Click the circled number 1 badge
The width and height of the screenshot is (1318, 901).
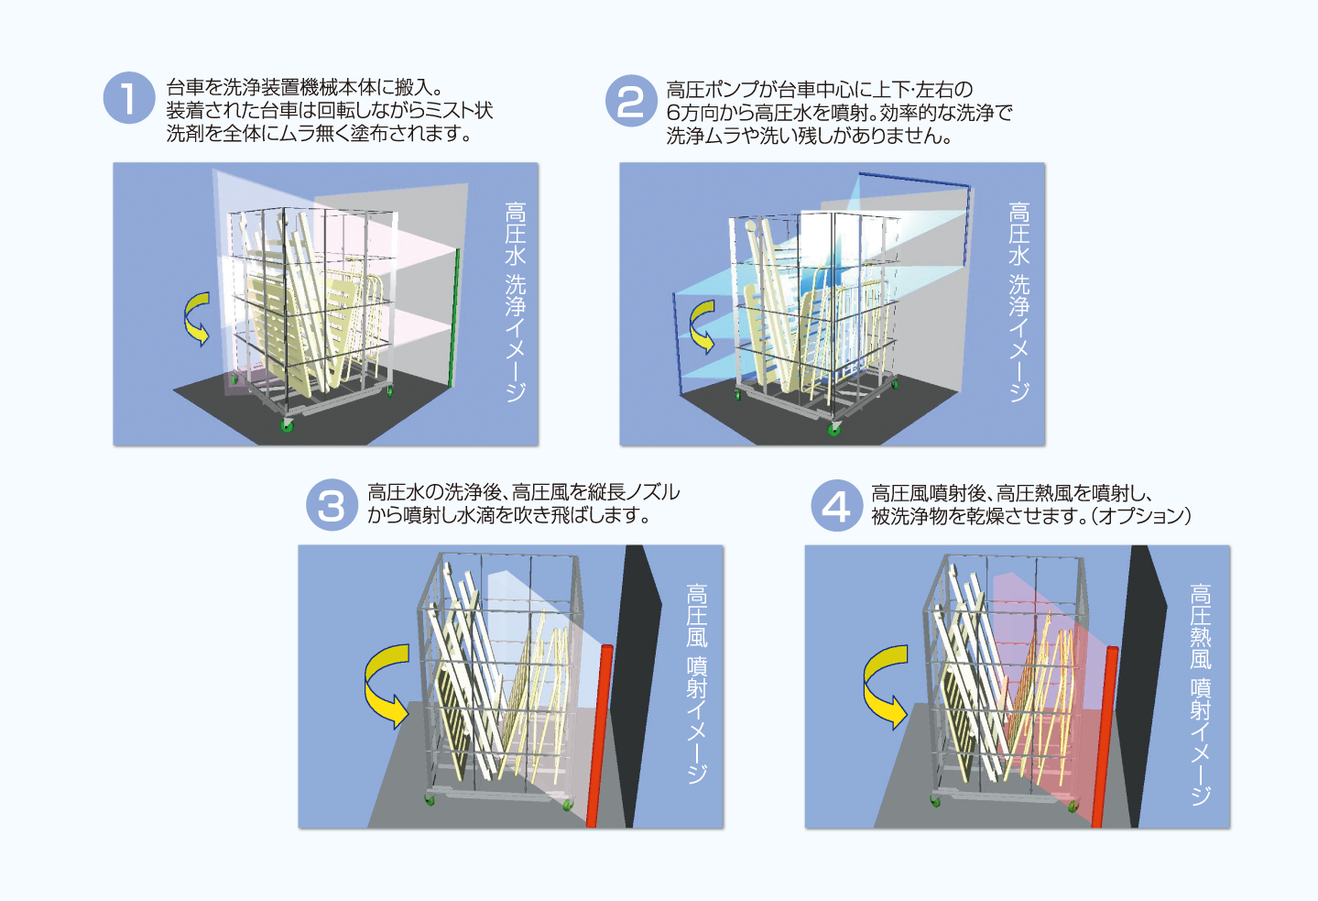click(x=129, y=98)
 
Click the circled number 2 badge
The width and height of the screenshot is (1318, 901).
click(x=631, y=101)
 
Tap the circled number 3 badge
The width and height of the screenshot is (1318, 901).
click(x=331, y=505)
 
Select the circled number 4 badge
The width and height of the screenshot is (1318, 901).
click(x=836, y=505)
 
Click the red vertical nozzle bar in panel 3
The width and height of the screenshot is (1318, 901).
click(x=599, y=733)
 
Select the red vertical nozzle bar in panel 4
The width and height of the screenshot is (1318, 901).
click(x=1105, y=733)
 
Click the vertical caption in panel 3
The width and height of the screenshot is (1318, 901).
click(x=697, y=683)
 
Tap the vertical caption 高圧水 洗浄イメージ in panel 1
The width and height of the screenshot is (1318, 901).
click(x=516, y=302)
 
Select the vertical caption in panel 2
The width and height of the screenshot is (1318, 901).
click(x=1019, y=302)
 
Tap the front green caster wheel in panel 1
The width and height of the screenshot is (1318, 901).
click(x=288, y=426)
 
